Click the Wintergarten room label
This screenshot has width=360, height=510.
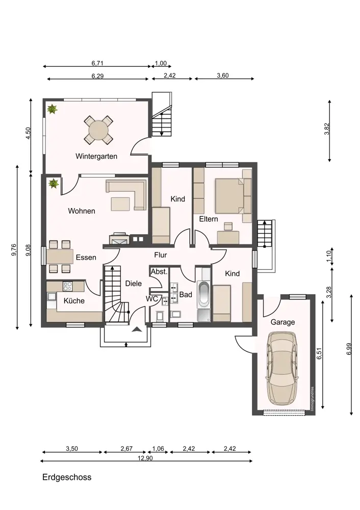[x=96, y=156]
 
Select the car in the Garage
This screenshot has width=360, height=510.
[x=281, y=369]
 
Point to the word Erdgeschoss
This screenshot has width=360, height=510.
[x=67, y=477]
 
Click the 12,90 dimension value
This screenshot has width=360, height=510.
[x=145, y=458]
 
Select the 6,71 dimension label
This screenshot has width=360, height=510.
[x=97, y=63]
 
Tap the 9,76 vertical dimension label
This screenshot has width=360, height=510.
[x=13, y=249]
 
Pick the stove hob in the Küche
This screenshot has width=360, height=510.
[x=68, y=286]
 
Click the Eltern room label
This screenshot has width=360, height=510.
[x=209, y=219]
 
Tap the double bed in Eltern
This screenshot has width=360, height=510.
[x=229, y=196]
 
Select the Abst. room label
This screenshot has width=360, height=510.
[x=159, y=272]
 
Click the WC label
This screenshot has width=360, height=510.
[x=151, y=298]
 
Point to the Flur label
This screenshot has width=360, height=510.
[x=160, y=255]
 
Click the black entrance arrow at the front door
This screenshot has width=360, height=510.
[x=137, y=329]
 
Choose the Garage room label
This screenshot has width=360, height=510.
[x=282, y=322]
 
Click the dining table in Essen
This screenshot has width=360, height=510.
[x=60, y=257]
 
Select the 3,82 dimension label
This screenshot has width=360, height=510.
[x=327, y=129]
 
